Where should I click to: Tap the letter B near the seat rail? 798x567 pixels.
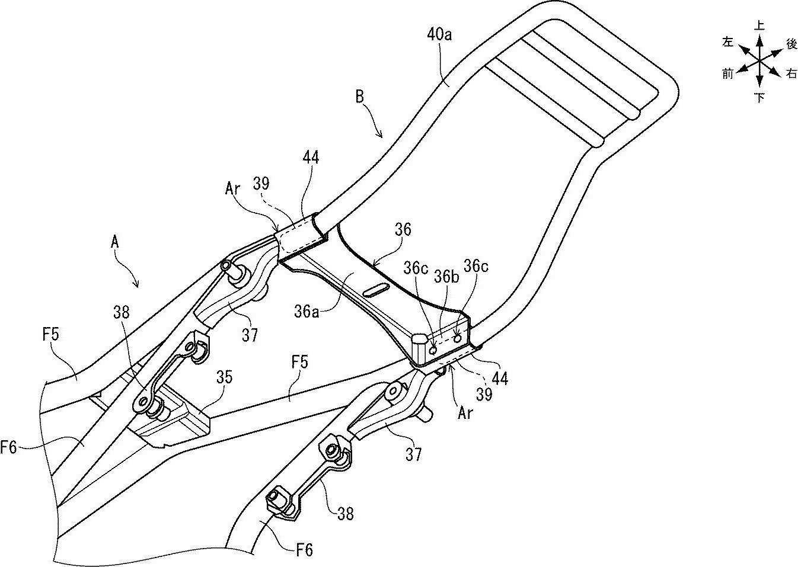tap(360, 97)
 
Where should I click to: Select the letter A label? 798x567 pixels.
tap(114, 243)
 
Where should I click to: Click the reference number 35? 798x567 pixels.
tap(224, 377)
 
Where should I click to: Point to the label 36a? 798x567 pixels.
tap(307, 312)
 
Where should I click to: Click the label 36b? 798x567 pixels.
tap(446, 277)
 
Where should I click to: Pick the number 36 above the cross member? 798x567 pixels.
tap(403, 229)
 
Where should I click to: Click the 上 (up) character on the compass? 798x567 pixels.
tap(759, 25)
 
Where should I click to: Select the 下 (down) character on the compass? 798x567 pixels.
tap(759, 97)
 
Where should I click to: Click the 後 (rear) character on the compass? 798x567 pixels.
tap(791, 44)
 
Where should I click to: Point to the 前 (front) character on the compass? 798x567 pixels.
tap(727, 73)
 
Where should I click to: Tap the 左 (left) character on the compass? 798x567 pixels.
tap(727, 42)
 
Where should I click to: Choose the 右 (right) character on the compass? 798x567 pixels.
tap(791, 73)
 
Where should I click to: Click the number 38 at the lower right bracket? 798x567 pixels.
tap(345, 514)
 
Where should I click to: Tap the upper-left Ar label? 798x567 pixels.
tap(232, 188)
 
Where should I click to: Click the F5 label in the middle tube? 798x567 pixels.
tap(299, 363)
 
